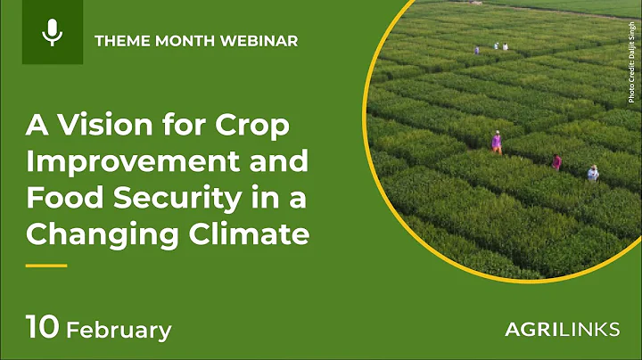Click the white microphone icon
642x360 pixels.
53,33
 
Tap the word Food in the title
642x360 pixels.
59,199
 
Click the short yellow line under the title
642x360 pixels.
46,266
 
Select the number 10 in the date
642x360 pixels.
42,328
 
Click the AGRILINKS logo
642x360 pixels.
562,330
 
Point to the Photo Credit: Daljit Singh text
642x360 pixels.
631,62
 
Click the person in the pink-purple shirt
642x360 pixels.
497,143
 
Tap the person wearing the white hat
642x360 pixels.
593,172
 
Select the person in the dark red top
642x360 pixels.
557,162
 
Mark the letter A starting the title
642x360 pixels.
34,127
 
